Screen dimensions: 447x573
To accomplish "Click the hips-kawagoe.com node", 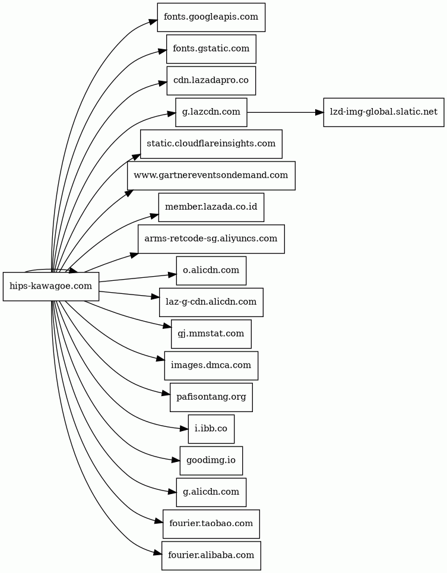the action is (51, 286).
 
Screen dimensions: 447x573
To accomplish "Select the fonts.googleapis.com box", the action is (211, 17).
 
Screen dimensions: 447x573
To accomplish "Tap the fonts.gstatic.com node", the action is (211, 49).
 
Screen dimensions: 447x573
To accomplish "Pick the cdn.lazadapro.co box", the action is (211, 80).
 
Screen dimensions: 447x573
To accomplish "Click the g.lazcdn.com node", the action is (211, 112).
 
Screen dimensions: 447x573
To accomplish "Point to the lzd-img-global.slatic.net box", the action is (383, 112).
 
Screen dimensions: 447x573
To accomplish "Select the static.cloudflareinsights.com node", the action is (211, 144).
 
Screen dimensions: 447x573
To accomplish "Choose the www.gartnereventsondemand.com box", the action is (211, 175).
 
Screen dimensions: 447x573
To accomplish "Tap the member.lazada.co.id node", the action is (211, 207).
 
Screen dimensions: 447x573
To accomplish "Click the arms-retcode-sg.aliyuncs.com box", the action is (211, 239).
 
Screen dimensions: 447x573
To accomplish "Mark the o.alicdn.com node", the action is (211, 270).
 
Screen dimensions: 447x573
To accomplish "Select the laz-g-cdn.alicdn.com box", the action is (211, 302).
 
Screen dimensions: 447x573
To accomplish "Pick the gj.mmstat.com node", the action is (211, 334).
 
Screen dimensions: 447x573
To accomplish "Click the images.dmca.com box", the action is (211, 365).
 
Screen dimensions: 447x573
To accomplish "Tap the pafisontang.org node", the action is (211, 397).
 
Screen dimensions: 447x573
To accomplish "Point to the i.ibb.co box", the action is (211, 429).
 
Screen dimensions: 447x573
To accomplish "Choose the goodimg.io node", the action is (211, 460).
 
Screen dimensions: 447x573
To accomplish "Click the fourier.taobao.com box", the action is (211, 524).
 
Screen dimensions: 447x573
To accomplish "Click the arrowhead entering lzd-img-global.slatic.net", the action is (319, 112).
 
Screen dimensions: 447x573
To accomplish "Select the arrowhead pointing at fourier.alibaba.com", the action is (158, 553).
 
